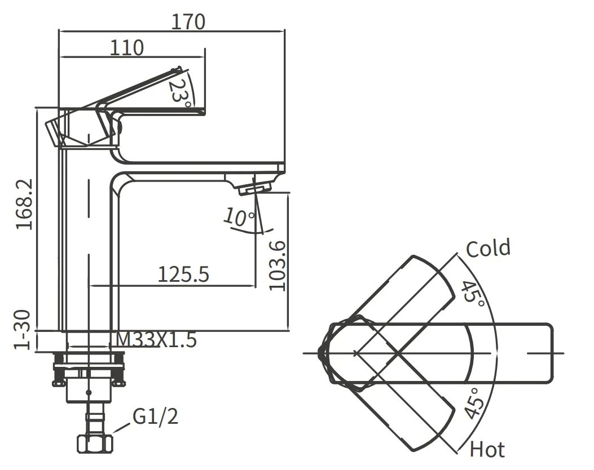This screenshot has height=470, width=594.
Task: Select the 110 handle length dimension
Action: point(126,47)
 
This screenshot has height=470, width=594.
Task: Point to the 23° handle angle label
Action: point(180,90)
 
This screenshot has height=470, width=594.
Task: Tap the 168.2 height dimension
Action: point(24,205)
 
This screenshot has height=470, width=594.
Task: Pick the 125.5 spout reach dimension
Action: point(183,274)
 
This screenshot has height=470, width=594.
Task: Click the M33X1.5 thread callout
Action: point(156,340)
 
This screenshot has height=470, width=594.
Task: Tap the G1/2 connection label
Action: point(156,417)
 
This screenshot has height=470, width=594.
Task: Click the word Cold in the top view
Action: point(488,249)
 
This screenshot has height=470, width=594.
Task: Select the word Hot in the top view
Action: point(487,450)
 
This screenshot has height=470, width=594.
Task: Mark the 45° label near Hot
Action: point(474,404)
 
